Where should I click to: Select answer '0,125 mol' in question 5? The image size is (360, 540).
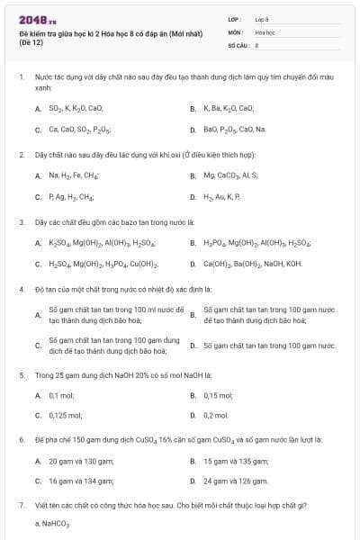(65, 416)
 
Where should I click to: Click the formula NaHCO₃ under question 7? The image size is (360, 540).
(56, 523)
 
